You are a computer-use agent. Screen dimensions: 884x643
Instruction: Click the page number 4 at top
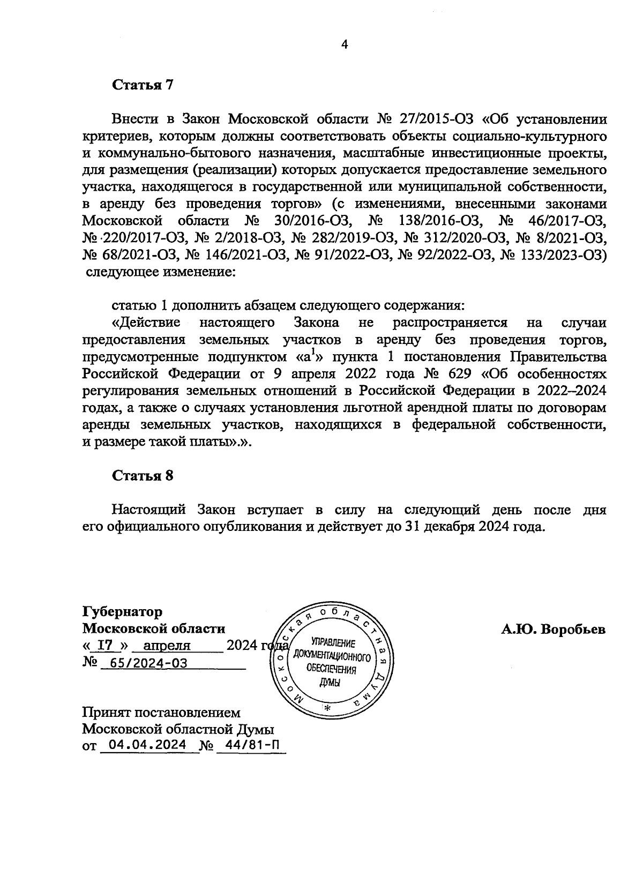tap(345, 46)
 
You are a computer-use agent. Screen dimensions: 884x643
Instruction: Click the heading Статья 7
tap(143, 85)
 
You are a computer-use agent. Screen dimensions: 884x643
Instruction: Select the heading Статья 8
tap(143, 476)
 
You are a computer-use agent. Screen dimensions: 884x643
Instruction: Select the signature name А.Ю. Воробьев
tap(553, 630)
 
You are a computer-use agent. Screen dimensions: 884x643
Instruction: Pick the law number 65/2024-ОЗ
tap(145, 663)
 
